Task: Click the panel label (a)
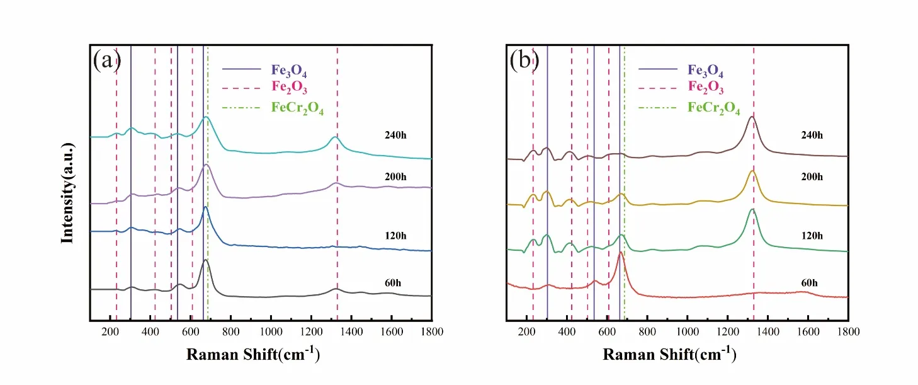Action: [107, 60]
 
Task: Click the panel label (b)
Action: [524, 60]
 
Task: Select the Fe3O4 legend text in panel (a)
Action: [289, 71]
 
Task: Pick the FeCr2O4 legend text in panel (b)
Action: [713, 108]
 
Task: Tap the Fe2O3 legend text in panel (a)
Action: [289, 88]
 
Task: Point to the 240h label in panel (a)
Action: [395, 135]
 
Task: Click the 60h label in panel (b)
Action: [810, 283]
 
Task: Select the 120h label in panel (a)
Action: [395, 236]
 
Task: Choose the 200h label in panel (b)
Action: [812, 176]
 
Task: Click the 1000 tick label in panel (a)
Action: [271, 331]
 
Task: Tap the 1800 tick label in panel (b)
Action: [848, 331]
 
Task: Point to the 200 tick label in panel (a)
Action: [110, 331]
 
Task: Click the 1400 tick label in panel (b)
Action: [768, 331]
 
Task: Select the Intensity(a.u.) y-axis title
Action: [67, 193]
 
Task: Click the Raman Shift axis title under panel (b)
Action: [669, 354]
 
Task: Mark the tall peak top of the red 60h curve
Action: [620, 252]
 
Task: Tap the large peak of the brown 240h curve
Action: [752, 117]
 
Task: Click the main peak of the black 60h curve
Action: [205, 260]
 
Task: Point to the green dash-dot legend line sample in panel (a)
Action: [241, 108]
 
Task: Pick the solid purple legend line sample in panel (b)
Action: [658, 69]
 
